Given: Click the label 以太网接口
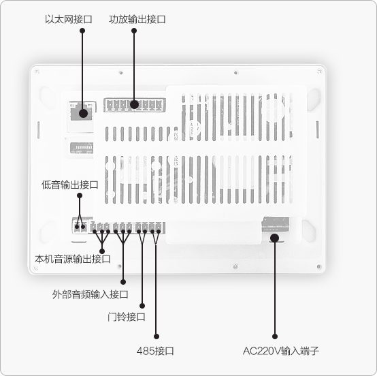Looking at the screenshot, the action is (x=69, y=19).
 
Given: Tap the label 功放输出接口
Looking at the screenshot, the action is (x=137, y=19).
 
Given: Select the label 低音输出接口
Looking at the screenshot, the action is (x=69, y=185).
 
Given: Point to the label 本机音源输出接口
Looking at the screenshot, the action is (x=73, y=259).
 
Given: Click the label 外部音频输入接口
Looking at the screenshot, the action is (x=90, y=294).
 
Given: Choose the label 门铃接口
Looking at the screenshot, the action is (x=126, y=317).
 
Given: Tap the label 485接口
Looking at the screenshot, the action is (x=155, y=351).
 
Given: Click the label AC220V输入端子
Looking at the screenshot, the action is (x=281, y=351).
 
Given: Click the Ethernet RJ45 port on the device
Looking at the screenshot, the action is (x=81, y=111).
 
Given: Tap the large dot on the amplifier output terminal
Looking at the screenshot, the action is (x=134, y=104).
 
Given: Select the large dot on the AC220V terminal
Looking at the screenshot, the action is (x=274, y=238).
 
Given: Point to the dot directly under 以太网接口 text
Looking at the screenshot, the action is (x=82, y=31).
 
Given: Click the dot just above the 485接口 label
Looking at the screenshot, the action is (x=157, y=336).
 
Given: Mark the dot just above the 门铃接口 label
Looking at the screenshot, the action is (x=142, y=306).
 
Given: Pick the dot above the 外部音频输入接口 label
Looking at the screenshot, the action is (x=123, y=282).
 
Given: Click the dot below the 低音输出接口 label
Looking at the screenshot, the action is (x=80, y=195).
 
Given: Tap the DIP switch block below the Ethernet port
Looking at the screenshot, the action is (x=82, y=148).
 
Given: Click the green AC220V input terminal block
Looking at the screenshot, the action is (x=276, y=224).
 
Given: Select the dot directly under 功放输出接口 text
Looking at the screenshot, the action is (x=134, y=31).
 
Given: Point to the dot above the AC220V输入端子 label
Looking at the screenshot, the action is (x=275, y=336).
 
